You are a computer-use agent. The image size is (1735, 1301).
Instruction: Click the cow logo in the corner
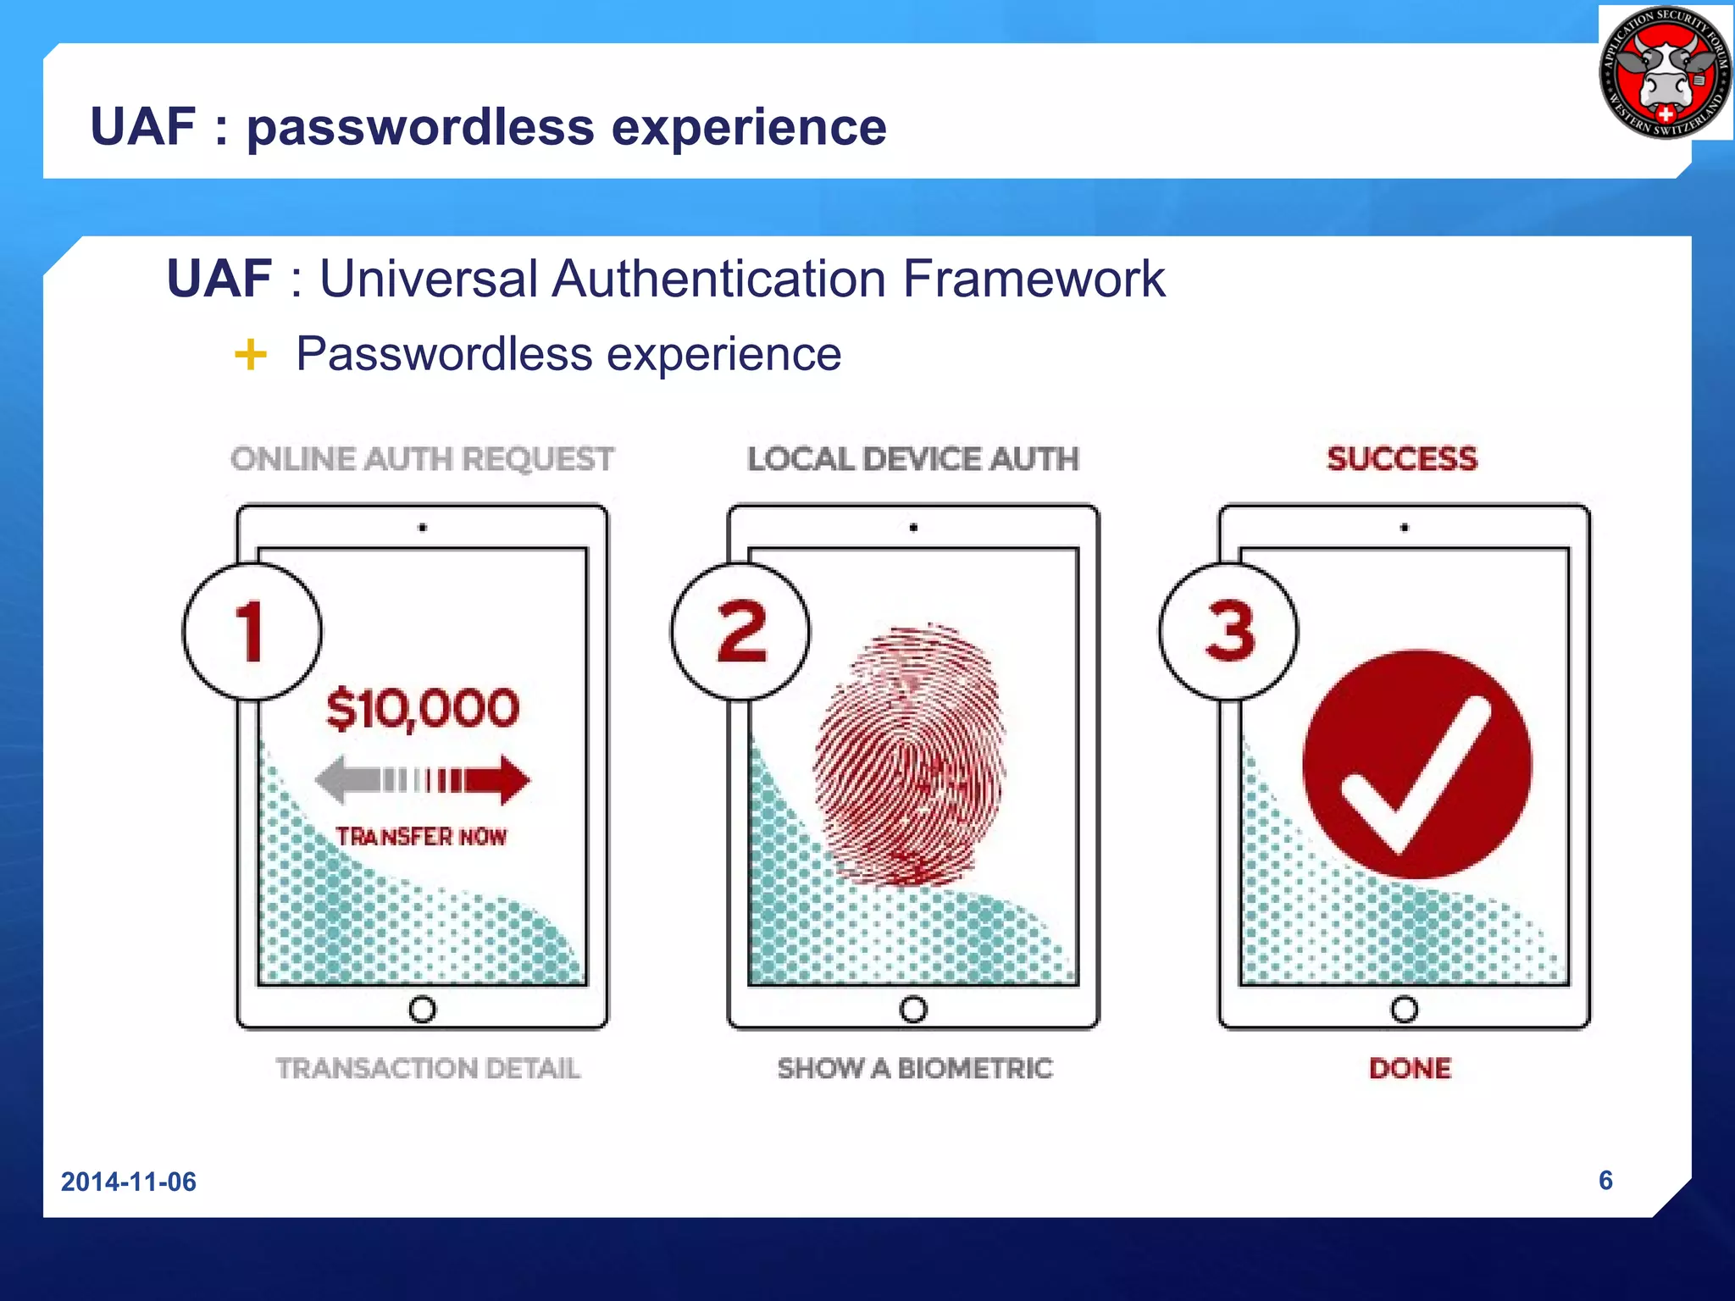pyautogui.click(x=1665, y=73)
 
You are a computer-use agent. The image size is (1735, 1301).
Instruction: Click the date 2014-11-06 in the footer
pyautogui.click(x=128, y=1182)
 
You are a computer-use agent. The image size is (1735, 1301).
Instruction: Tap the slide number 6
pyautogui.click(x=1605, y=1180)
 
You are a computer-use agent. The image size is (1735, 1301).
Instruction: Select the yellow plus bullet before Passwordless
pyautogui.click(x=250, y=354)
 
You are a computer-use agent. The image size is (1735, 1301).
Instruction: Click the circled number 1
pyautogui.click(x=252, y=631)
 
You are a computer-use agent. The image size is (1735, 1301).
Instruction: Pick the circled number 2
pyautogui.click(x=740, y=631)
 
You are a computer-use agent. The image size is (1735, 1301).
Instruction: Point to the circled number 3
pyautogui.click(x=1229, y=631)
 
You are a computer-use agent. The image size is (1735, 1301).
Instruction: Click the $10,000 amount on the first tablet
pyautogui.click(x=422, y=708)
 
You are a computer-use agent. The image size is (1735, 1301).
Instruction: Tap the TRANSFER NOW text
pyautogui.click(x=421, y=837)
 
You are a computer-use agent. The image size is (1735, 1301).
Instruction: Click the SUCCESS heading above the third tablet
pyautogui.click(x=1402, y=459)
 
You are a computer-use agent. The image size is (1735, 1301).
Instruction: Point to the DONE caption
pyautogui.click(x=1410, y=1068)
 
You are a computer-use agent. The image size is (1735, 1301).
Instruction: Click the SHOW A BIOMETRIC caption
pyautogui.click(x=915, y=1068)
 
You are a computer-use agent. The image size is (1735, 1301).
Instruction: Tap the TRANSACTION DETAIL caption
pyautogui.click(x=428, y=1068)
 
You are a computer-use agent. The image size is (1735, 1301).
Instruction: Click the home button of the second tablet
pyautogui.click(x=913, y=1009)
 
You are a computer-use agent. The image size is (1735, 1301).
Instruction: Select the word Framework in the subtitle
pyautogui.click(x=1034, y=279)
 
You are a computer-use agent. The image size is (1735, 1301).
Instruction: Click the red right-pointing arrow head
pyautogui.click(x=513, y=779)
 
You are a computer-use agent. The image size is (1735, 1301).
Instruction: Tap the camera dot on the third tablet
pyautogui.click(x=1405, y=528)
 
